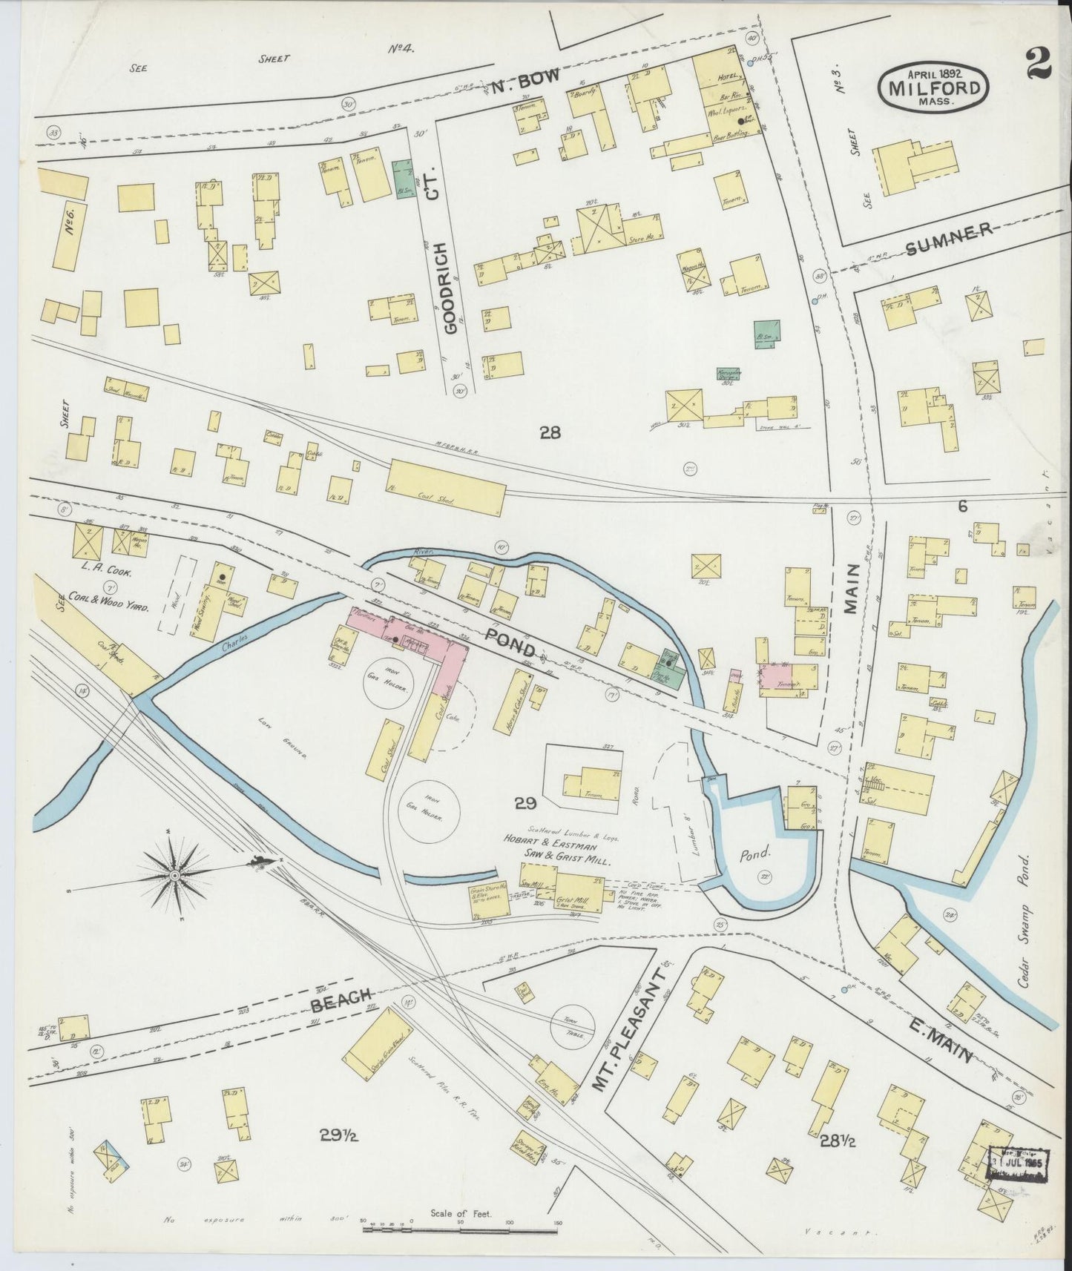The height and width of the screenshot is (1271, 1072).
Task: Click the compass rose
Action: pyautogui.click(x=174, y=875)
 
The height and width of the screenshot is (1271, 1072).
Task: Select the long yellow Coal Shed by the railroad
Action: pyautogui.click(x=446, y=488)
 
